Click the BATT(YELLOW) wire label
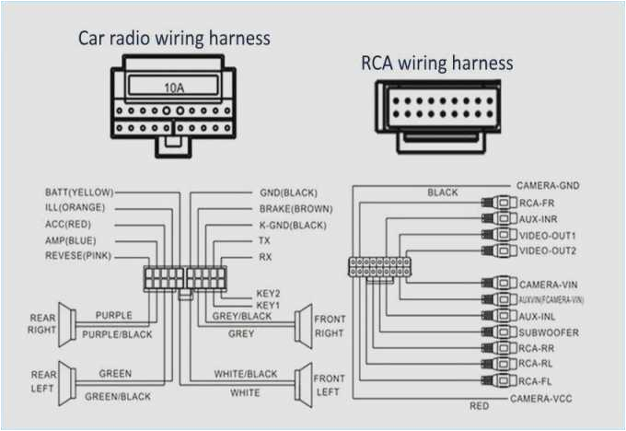click(x=79, y=192)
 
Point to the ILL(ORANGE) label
click(x=75, y=208)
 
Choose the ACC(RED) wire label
click(x=69, y=224)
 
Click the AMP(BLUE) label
click(x=72, y=239)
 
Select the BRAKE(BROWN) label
click(x=296, y=209)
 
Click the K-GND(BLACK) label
click(x=294, y=225)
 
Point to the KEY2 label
click(x=268, y=294)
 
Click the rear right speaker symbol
click(x=66, y=325)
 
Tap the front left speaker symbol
click(x=301, y=386)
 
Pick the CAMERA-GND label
click(x=548, y=186)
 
